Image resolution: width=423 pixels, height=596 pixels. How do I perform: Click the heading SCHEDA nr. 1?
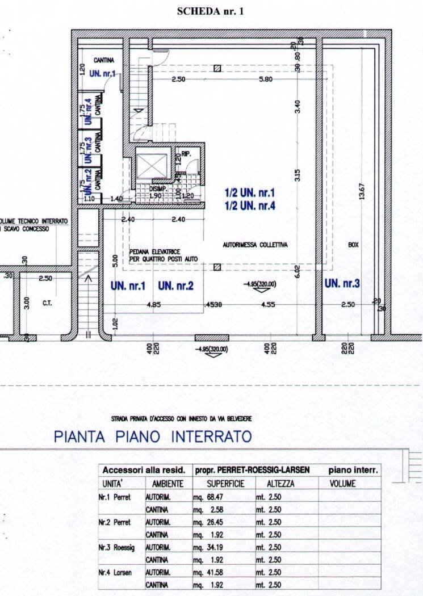tap(211, 11)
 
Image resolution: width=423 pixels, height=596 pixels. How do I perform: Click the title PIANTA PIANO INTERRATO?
tap(152, 437)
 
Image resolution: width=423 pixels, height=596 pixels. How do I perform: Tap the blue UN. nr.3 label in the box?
tap(342, 283)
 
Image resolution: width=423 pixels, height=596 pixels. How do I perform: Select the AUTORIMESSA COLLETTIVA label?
tap(255, 245)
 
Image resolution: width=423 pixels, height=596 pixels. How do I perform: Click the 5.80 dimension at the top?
tap(265, 79)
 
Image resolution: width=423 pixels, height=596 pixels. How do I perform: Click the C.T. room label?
tap(47, 304)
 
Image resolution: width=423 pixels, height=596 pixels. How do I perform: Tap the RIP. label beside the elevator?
tap(185, 153)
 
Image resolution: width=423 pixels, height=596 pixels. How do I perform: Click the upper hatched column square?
tap(216, 69)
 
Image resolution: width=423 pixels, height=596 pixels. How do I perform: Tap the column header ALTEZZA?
tap(280, 484)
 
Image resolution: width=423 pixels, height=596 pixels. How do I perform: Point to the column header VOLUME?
tap(342, 484)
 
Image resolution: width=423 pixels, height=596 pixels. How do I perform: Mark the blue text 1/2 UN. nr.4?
tap(250, 207)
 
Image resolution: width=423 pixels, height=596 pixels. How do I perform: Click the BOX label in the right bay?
tap(354, 245)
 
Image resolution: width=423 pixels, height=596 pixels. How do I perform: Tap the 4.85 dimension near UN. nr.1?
tap(154, 305)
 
